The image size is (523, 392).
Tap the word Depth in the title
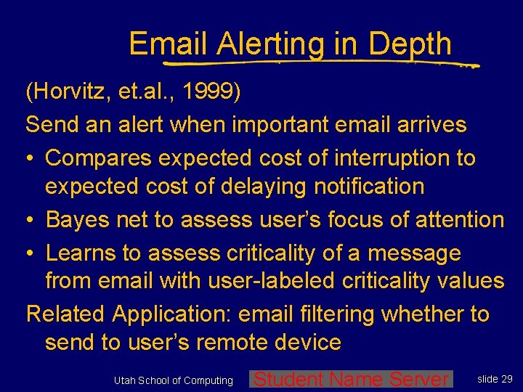point(410,45)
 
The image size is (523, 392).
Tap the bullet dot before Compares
point(32,158)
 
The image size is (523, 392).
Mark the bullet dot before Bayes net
point(32,220)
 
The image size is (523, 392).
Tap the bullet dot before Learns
point(32,253)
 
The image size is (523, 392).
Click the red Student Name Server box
point(351,379)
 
